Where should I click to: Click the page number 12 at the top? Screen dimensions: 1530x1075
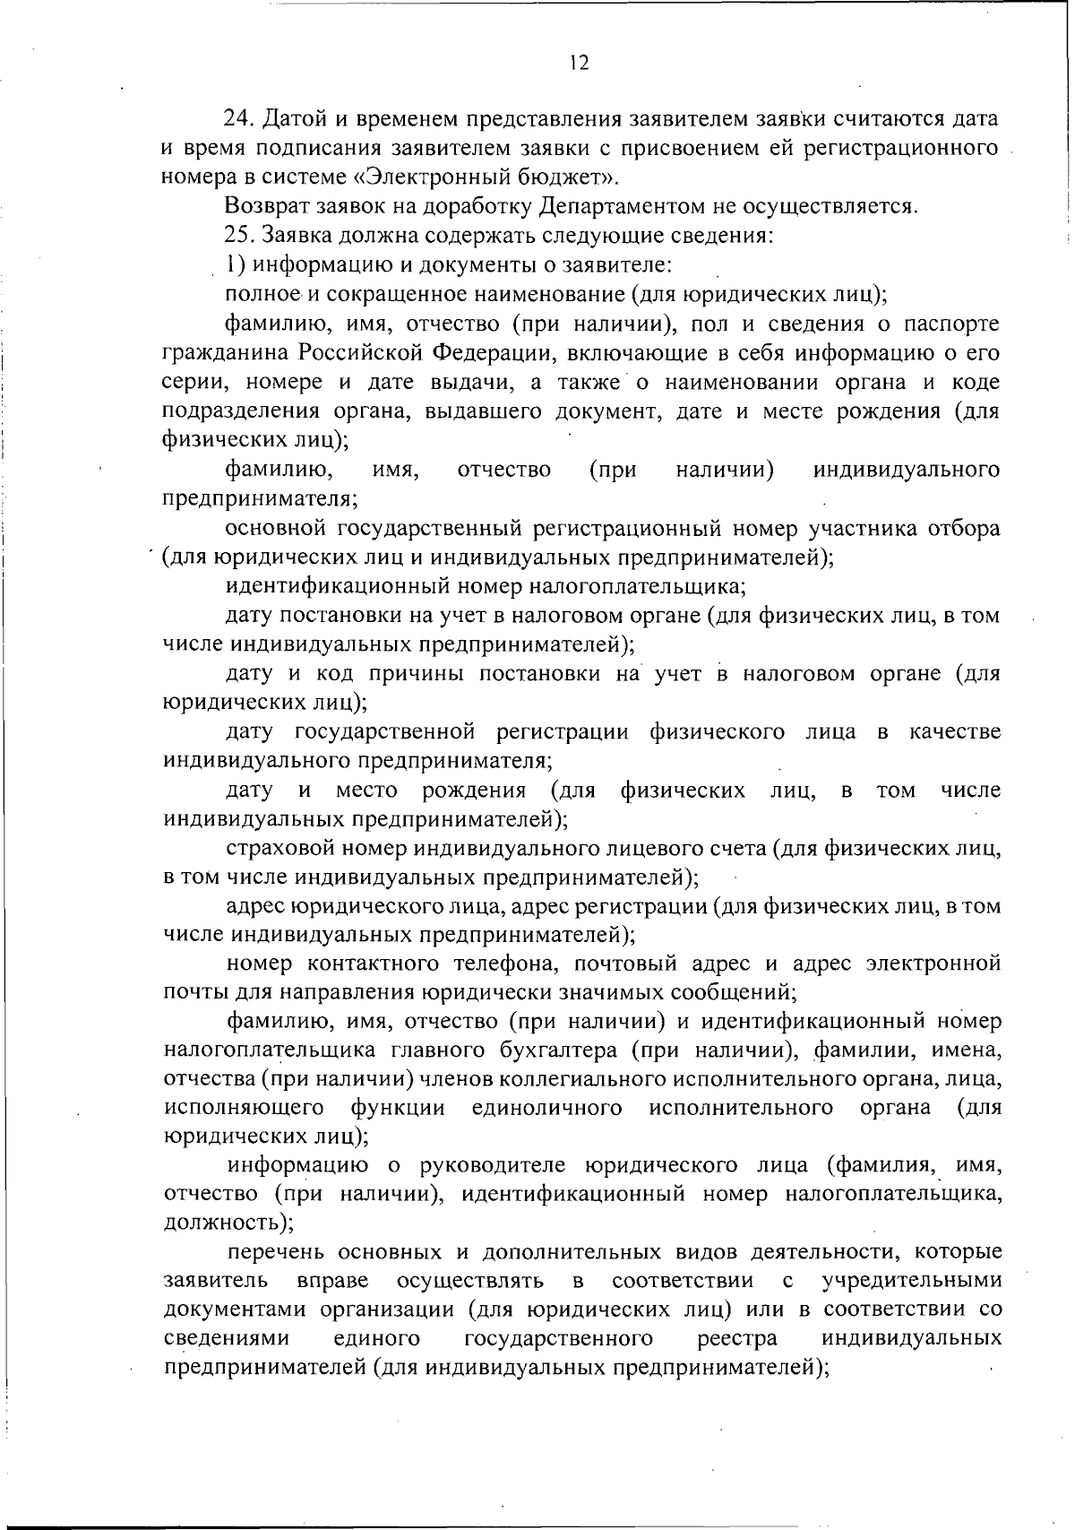point(578,63)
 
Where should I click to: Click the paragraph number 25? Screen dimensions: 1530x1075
point(239,237)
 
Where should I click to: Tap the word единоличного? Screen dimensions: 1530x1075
point(546,1108)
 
